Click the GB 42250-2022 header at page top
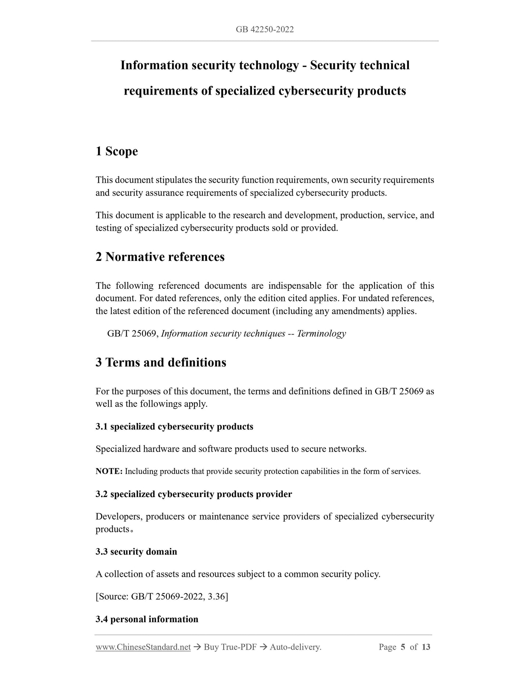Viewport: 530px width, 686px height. point(264,30)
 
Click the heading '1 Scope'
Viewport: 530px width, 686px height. point(117,151)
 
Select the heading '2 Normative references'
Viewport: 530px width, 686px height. point(160,257)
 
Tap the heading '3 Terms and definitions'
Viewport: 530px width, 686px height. point(161,362)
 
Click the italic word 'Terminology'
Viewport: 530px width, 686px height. point(321,333)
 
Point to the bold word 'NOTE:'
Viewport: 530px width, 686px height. point(109,471)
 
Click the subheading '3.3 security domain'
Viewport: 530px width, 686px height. point(136,552)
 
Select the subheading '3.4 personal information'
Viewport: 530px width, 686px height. point(147,619)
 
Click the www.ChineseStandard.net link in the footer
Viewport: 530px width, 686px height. point(143,647)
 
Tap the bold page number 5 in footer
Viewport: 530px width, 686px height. point(403,647)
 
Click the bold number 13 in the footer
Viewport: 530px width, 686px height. point(426,647)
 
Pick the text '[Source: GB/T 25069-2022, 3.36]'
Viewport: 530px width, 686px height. point(162,597)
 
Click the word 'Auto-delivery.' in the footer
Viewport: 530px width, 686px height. point(295,647)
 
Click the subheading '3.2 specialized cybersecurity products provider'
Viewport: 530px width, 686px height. point(194,494)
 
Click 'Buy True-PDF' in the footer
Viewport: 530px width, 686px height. point(230,647)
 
